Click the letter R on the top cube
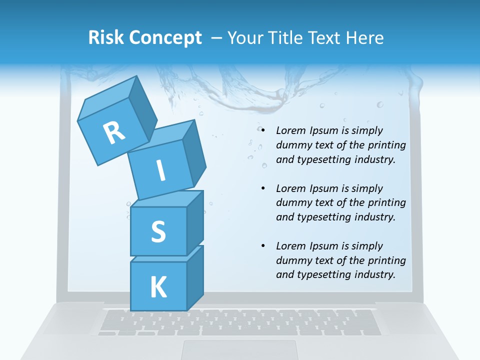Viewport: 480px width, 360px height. pyautogui.click(x=114, y=132)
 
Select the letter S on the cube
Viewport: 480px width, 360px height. pyautogui.click(x=158, y=231)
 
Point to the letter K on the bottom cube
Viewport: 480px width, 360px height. pyautogui.click(x=158, y=287)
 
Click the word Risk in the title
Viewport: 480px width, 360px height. pyautogui.click(x=106, y=37)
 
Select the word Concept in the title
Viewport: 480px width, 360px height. pyautogui.click(x=165, y=37)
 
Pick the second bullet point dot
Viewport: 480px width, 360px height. pyautogui.click(x=263, y=188)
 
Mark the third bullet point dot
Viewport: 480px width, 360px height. pyautogui.click(x=263, y=246)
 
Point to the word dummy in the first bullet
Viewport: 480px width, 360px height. pyautogui.click(x=292, y=145)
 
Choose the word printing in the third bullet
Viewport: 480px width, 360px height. pyautogui.click(x=387, y=260)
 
